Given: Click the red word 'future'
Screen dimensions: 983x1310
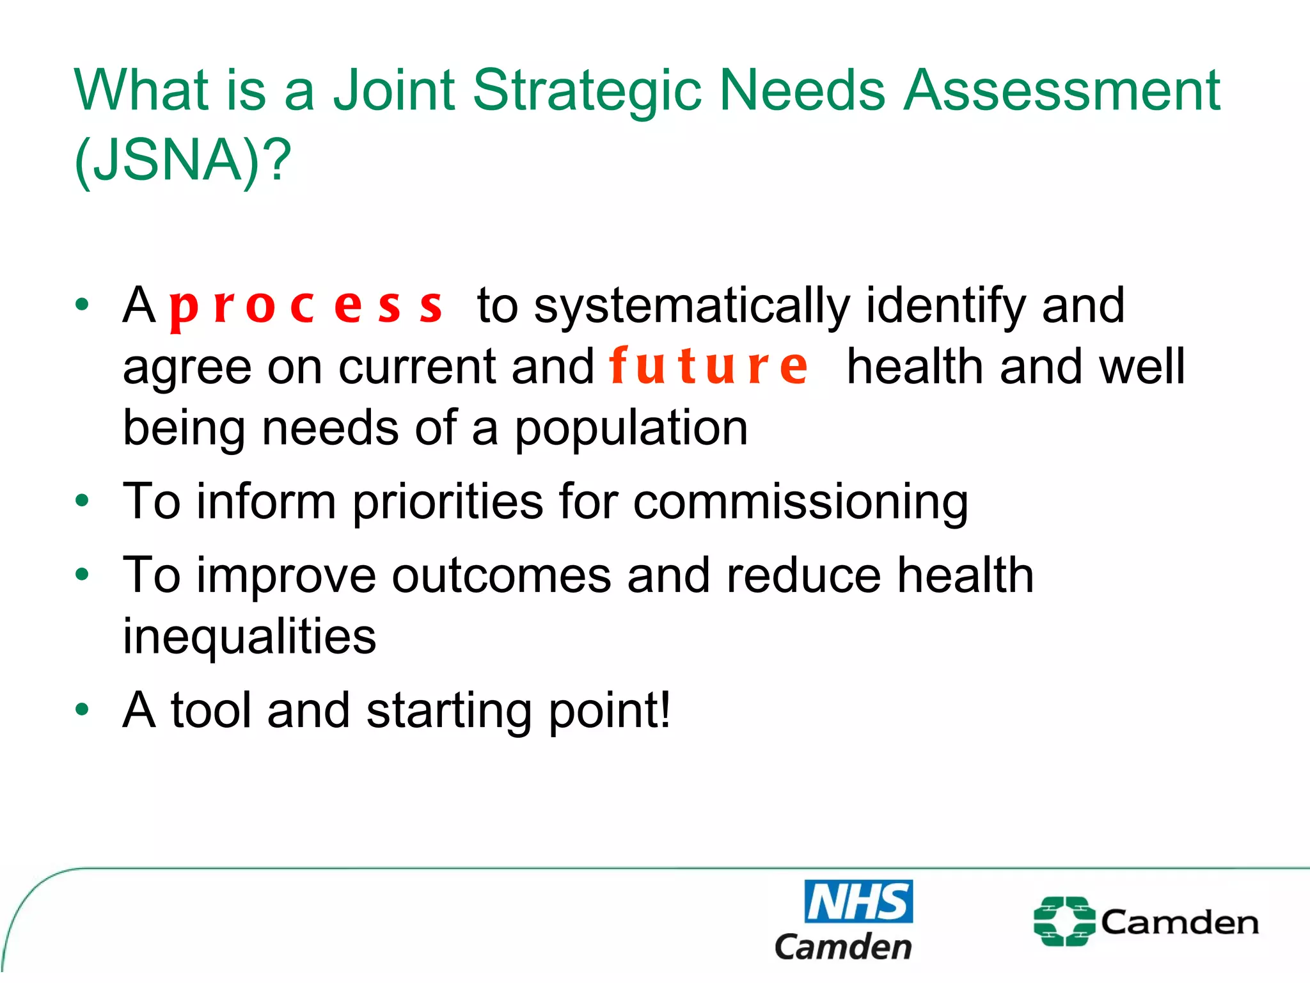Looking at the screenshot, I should (x=709, y=367).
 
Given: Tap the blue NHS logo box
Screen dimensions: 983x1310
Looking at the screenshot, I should (x=858, y=901).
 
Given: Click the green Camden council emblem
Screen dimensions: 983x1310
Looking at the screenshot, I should (x=1064, y=922).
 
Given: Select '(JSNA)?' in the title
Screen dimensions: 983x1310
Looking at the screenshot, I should (x=183, y=160).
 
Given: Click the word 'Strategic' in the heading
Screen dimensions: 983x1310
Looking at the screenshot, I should (x=587, y=91).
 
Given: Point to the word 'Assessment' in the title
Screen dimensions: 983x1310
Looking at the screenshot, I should (x=1062, y=91).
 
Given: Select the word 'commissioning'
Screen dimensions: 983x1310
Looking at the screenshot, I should (x=801, y=503).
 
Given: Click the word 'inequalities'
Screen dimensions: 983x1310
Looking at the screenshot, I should (x=249, y=637).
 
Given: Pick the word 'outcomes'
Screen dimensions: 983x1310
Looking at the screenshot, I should (x=501, y=576).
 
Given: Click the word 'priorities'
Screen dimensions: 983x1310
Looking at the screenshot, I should (x=448, y=503).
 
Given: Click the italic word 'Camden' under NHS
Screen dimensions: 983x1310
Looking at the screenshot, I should (x=843, y=947).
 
